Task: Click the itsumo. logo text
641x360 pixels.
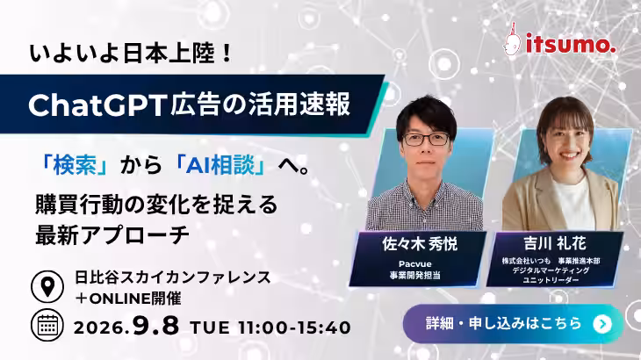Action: pyautogui.click(x=571, y=44)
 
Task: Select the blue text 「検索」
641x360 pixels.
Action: pyautogui.click(x=75, y=166)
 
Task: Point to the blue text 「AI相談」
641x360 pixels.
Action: pyautogui.click(x=221, y=166)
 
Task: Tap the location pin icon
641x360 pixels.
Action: pyautogui.click(x=47, y=286)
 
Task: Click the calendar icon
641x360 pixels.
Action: pyautogui.click(x=47, y=325)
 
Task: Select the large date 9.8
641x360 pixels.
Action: pyautogui.click(x=155, y=326)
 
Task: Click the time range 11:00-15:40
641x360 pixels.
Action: pyautogui.click(x=294, y=328)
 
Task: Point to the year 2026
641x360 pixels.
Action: pyautogui.click(x=99, y=328)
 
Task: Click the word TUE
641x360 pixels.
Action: pyautogui.click(x=210, y=328)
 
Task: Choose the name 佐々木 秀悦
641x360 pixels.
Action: pyautogui.click(x=420, y=244)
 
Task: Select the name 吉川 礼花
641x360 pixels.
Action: pyautogui.click(x=555, y=243)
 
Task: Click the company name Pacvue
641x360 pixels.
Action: pyautogui.click(x=415, y=263)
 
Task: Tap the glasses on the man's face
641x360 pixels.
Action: pyautogui.click(x=427, y=139)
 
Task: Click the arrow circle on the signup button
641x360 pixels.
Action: pyautogui.click(x=602, y=324)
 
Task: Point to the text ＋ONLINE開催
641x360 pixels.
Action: pyautogui.click(x=128, y=299)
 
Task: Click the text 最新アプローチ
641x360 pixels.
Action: pyautogui.click(x=112, y=235)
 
